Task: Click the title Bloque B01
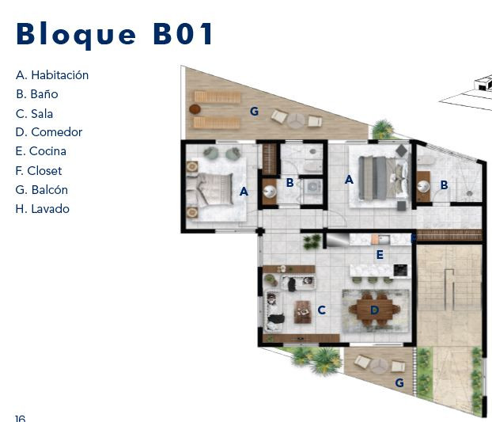coord(115,35)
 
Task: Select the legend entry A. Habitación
coord(52,75)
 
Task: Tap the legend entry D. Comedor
coord(49,132)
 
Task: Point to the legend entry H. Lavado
coord(43,209)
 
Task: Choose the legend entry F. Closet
coord(39,171)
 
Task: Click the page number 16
coord(20,418)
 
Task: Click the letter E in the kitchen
coord(380,255)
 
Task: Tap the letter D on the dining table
coord(374,310)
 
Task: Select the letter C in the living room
coord(322,310)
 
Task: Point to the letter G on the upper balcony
coord(254,111)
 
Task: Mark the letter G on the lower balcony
coord(399,382)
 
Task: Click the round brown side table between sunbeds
coord(195,109)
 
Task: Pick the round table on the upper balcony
coord(296,120)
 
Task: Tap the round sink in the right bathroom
coord(424,187)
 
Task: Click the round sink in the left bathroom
coord(270,192)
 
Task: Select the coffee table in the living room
coord(303,312)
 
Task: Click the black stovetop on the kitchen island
coord(401,270)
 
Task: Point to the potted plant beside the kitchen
coord(312,242)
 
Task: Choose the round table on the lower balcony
coord(380,366)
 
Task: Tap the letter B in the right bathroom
coord(444,185)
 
